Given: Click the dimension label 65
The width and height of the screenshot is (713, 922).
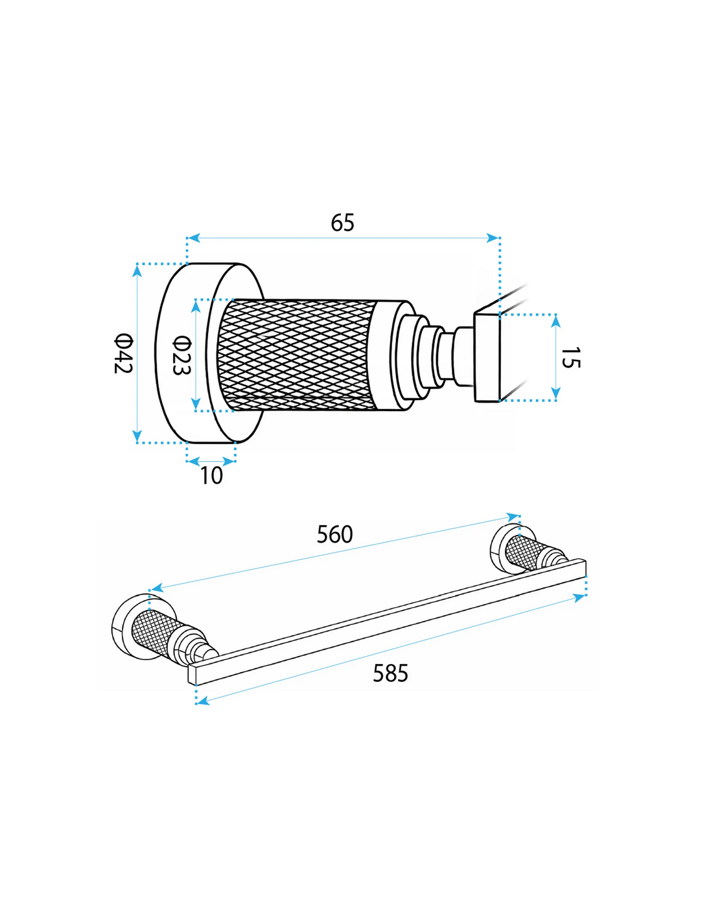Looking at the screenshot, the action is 342,222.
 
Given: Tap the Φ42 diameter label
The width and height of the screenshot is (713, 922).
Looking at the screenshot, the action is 124,354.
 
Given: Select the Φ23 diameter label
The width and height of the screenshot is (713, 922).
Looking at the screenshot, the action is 182,355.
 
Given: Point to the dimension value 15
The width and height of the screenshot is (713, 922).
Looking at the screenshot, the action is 570,357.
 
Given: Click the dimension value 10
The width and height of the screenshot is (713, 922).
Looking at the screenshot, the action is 211,476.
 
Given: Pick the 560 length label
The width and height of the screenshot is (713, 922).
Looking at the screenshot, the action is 334,535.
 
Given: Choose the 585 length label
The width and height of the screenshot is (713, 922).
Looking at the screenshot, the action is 390,674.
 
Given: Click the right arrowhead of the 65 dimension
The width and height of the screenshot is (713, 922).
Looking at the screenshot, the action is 493,237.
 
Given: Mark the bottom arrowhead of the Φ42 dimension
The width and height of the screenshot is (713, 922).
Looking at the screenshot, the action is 137,435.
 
